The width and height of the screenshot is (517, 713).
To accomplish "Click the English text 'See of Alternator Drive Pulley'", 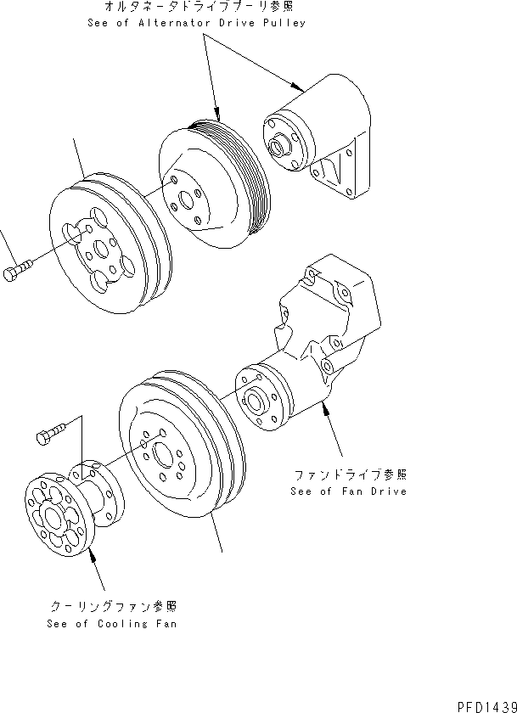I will (x=196, y=23).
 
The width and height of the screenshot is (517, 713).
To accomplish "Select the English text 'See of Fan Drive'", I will (x=348, y=491).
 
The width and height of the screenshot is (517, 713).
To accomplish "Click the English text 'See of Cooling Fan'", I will (x=114, y=623).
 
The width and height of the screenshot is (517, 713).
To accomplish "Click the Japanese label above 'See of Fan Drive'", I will (x=348, y=474).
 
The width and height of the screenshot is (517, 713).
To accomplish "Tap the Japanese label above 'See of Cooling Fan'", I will (x=114, y=607).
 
